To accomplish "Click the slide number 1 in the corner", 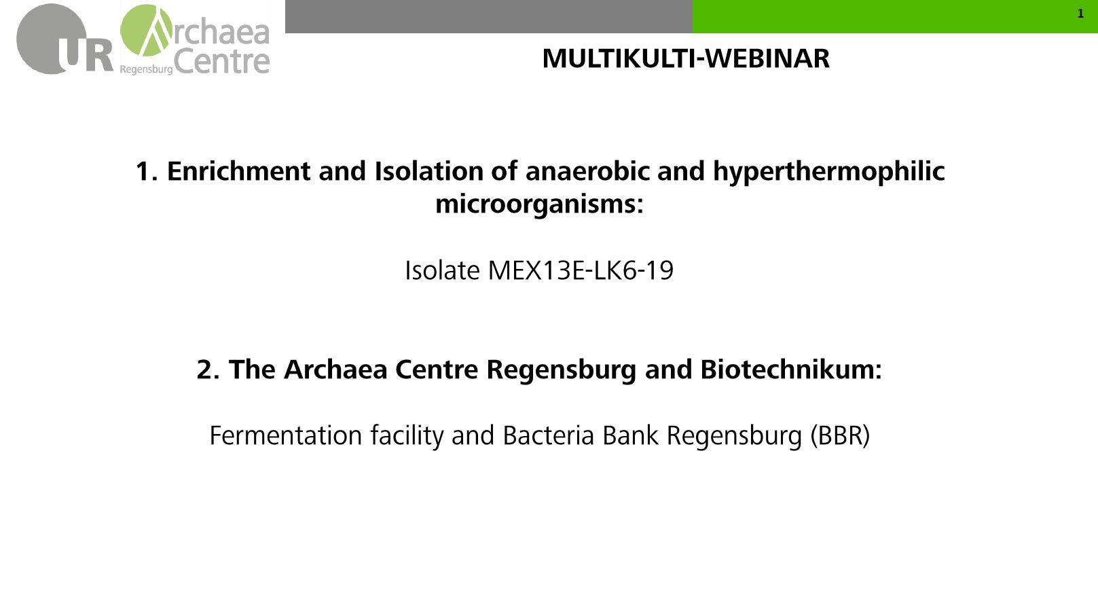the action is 1080,14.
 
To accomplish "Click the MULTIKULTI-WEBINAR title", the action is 686,59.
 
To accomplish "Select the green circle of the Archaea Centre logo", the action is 146,31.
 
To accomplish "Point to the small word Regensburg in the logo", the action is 146,70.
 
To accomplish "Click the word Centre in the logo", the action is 221,62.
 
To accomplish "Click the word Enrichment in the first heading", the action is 239,171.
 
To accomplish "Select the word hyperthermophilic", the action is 828,172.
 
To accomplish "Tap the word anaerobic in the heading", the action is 587,171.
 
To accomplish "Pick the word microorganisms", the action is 539,204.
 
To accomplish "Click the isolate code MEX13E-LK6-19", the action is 581,270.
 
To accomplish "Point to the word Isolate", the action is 442,270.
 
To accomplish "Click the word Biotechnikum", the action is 790,369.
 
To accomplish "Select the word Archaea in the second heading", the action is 335,369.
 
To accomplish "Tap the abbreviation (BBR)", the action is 840,435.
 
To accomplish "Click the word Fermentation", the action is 286,435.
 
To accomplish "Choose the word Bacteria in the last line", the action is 549,435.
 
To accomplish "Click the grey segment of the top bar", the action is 489,17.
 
